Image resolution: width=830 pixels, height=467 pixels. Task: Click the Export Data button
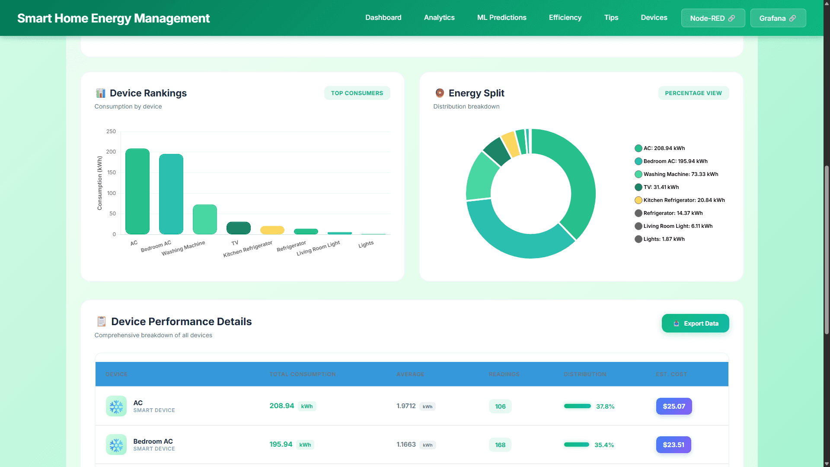(x=695, y=323)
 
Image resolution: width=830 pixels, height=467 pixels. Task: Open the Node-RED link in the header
(x=712, y=18)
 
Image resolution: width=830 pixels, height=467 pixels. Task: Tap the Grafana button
(x=778, y=18)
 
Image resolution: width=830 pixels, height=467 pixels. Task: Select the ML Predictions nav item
(x=501, y=17)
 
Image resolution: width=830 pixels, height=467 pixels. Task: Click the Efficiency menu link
(x=565, y=17)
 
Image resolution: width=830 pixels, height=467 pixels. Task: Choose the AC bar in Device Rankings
(x=137, y=192)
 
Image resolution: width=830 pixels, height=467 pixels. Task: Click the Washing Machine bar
(x=205, y=220)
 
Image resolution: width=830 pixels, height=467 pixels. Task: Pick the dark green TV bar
(x=239, y=228)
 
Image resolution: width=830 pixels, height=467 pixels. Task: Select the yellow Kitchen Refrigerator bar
(x=272, y=230)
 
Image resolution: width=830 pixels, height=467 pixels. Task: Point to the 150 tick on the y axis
(x=112, y=173)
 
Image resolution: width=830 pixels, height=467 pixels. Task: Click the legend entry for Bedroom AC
(x=675, y=161)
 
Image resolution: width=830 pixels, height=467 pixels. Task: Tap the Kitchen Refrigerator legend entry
(x=683, y=200)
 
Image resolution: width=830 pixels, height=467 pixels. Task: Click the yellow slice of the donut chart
(x=511, y=144)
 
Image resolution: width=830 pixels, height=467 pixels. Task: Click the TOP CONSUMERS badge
(x=357, y=93)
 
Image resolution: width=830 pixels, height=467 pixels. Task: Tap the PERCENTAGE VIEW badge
(x=693, y=93)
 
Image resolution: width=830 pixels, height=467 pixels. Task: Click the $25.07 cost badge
(x=674, y=406)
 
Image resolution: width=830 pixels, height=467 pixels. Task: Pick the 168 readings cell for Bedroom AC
(x=500, y=445)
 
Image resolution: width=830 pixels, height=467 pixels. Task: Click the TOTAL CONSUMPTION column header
(x=303, y=374)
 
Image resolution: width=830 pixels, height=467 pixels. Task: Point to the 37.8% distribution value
(x=605, y=406)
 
